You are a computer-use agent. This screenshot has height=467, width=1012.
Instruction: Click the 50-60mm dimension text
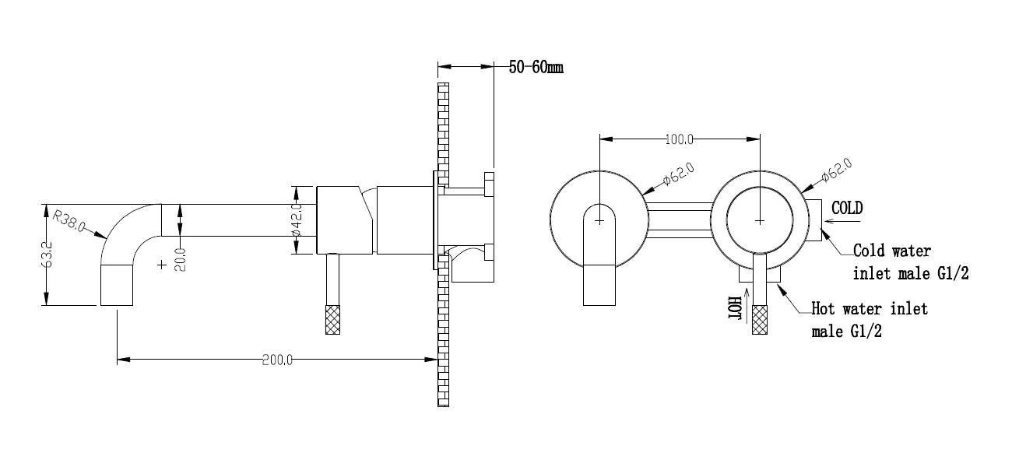[x=536, y=67]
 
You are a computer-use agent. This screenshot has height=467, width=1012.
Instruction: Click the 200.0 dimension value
[x=277, y=360]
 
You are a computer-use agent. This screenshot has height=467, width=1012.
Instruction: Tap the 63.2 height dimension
[x=47, y=254]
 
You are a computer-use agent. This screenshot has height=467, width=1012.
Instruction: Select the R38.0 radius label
[x=69, y=220]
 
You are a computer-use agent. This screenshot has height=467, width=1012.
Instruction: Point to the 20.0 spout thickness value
[x=181, y=259]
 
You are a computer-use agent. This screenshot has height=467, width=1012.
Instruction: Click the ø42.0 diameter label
[x=297, y=220]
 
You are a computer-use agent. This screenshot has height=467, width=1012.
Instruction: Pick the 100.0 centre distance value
[x=679, y=139]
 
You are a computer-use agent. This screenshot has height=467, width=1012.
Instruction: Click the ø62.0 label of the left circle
[x=679, y=174]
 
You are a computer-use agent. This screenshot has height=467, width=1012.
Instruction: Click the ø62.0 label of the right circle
[x=836, y=170]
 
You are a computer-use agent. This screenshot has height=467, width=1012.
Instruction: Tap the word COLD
[x=847, y=209]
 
